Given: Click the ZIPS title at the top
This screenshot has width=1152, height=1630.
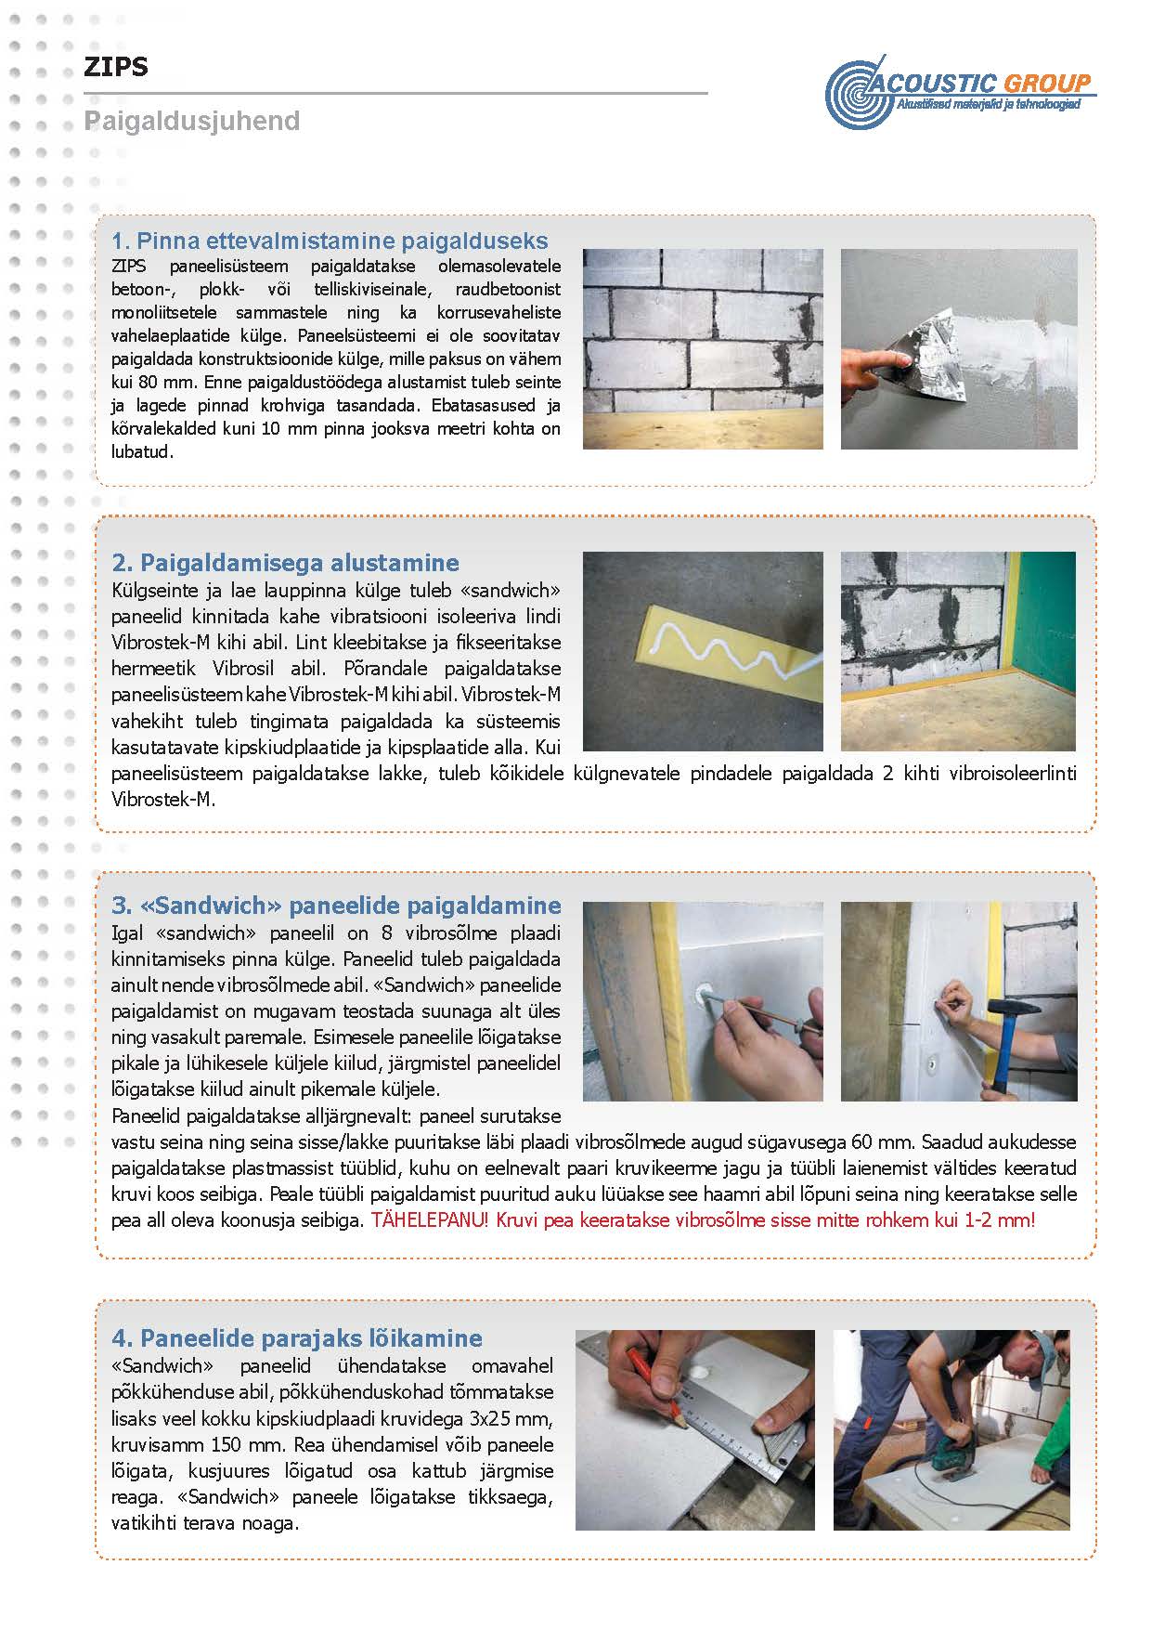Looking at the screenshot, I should point(116,67).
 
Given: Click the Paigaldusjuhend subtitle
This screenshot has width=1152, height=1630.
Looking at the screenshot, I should point(191,121).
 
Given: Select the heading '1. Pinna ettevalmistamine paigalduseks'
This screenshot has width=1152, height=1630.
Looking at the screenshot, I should point(330,241).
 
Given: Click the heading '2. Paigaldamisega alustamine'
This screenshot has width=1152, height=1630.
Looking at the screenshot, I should point(285,563).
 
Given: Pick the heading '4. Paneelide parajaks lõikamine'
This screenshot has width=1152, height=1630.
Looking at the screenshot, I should point(297,1338).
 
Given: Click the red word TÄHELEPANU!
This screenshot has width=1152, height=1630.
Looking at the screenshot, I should point(429,1220).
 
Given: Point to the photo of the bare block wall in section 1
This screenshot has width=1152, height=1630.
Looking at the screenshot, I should point(703,348).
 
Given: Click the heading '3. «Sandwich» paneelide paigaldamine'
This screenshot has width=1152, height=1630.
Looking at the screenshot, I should point(336,906).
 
